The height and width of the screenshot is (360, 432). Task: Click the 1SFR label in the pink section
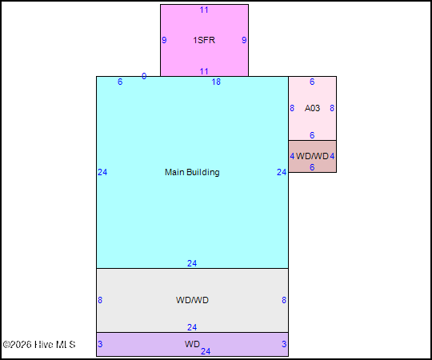(x=204, y=40)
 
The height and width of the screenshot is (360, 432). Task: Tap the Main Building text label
(x=192, y=172)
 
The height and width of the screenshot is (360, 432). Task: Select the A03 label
(x=312, y=108)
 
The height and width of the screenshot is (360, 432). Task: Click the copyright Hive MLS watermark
(x=39, y=344)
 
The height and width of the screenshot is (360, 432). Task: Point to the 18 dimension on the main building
(x=216, y=82)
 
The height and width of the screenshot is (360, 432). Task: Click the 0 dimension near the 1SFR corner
(x=144, y=76)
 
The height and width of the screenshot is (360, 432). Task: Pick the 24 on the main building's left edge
(x=102, y=172)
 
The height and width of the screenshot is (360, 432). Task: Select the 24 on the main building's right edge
(x=282, y=172)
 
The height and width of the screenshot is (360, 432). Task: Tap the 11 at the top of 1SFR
(x=204, y=10)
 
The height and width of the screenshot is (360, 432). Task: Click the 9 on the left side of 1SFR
(x=164, y=40)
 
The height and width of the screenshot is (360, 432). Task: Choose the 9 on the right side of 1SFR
(x=244, y=40)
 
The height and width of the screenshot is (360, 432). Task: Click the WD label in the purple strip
(x=192, y=344)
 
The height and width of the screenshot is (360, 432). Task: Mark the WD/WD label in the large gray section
(x=192, y=300)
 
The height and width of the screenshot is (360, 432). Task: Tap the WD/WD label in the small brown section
(x=312, y=156)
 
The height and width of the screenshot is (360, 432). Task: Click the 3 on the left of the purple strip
(x=100, y=344)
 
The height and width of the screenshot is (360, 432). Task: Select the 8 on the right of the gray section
(x=284, y=300)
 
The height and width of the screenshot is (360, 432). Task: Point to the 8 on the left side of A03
(x=292, y=108)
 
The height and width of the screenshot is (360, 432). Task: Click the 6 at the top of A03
(x=312, y=82)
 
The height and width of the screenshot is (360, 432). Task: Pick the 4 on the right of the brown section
(x=332, y=156)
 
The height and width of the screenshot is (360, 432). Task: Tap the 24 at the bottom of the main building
(x=192, y=263)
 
